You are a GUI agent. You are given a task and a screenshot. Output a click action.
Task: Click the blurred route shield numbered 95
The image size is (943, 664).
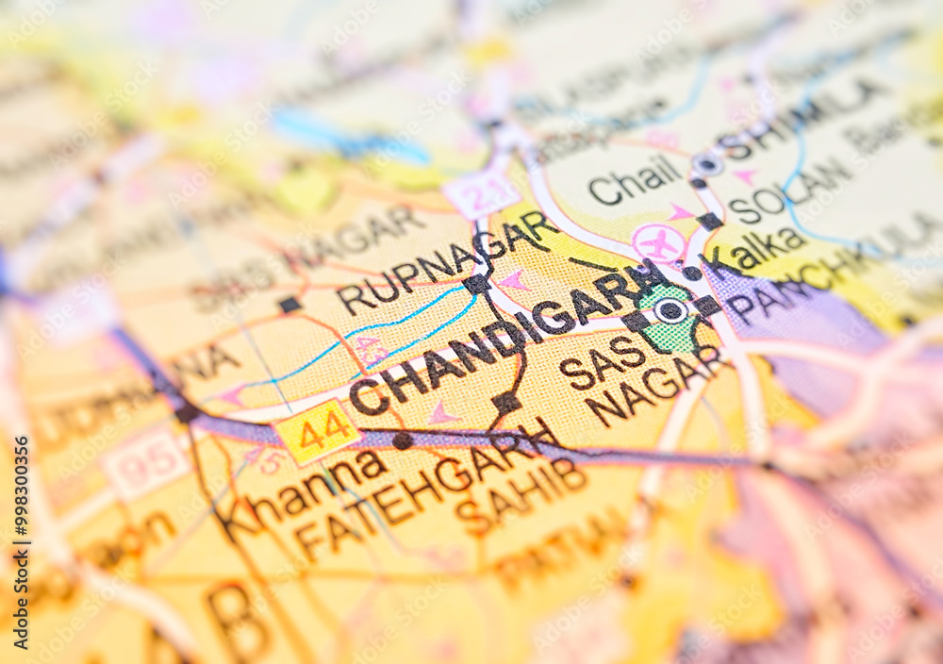pos(147,462)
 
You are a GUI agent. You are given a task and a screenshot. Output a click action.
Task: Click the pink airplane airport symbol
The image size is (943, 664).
pos(659,242)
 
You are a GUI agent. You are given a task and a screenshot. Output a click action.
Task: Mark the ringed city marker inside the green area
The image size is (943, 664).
pos(670,310)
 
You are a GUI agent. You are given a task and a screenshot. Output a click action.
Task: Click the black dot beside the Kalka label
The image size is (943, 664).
pos(692,274)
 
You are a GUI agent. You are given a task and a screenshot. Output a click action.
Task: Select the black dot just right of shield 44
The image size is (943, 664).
pos(403,440)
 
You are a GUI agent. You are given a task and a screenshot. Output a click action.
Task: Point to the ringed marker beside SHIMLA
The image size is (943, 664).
pos(707,164)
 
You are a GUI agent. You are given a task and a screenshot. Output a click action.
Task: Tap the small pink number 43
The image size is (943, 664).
pos(370,350)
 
